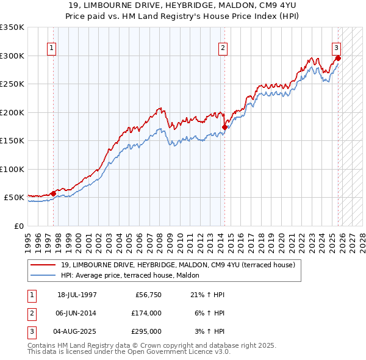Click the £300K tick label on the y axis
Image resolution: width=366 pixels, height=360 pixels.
click(12, 56)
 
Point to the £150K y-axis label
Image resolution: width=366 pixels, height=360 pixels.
click(12, 141)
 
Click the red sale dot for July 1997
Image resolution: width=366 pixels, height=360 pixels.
click(53, 193)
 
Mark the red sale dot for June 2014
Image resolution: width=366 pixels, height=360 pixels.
click(224, 127)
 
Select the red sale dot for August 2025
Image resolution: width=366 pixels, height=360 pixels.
click(338, 59)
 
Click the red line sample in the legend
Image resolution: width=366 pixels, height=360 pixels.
click(44, 265)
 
